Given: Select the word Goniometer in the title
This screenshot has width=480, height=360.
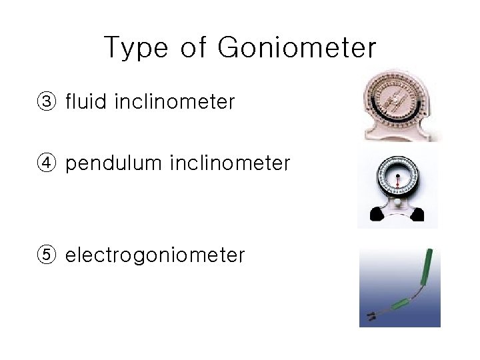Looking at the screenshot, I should (297, 48).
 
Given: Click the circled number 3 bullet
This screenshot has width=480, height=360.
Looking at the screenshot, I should (47, 102).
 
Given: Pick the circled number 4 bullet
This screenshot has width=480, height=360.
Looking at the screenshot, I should (47, 163).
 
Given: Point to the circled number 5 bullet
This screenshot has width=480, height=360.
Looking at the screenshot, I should (47, 255).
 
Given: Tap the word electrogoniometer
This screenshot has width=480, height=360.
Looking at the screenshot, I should (155, 255).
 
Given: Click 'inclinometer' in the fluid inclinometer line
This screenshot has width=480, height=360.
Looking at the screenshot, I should (175, 102).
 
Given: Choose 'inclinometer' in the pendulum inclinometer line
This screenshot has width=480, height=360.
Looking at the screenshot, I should (230, 163).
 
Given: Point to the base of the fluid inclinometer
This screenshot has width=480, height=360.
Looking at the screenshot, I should (399, 134).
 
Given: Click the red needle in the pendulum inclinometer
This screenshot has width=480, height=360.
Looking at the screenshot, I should (397, 179).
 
